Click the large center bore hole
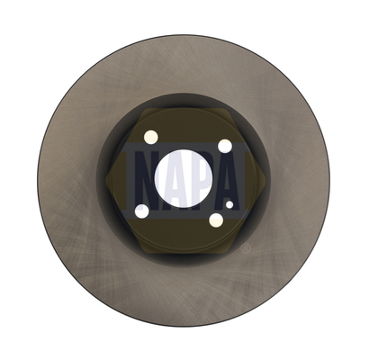pyautogui.click(x=184, y=178)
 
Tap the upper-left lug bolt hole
pyautogui.click(x=151, y=137)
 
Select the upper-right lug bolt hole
pyautogui.click(x=225, y=146)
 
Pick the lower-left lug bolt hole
pyautogui.click(x=142, y=211)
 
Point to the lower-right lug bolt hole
pyautogui.click(x=216, y=220)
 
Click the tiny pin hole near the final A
pyautogui.click(x=229, y=204)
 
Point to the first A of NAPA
pyautogui.click(x=168, y=180)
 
